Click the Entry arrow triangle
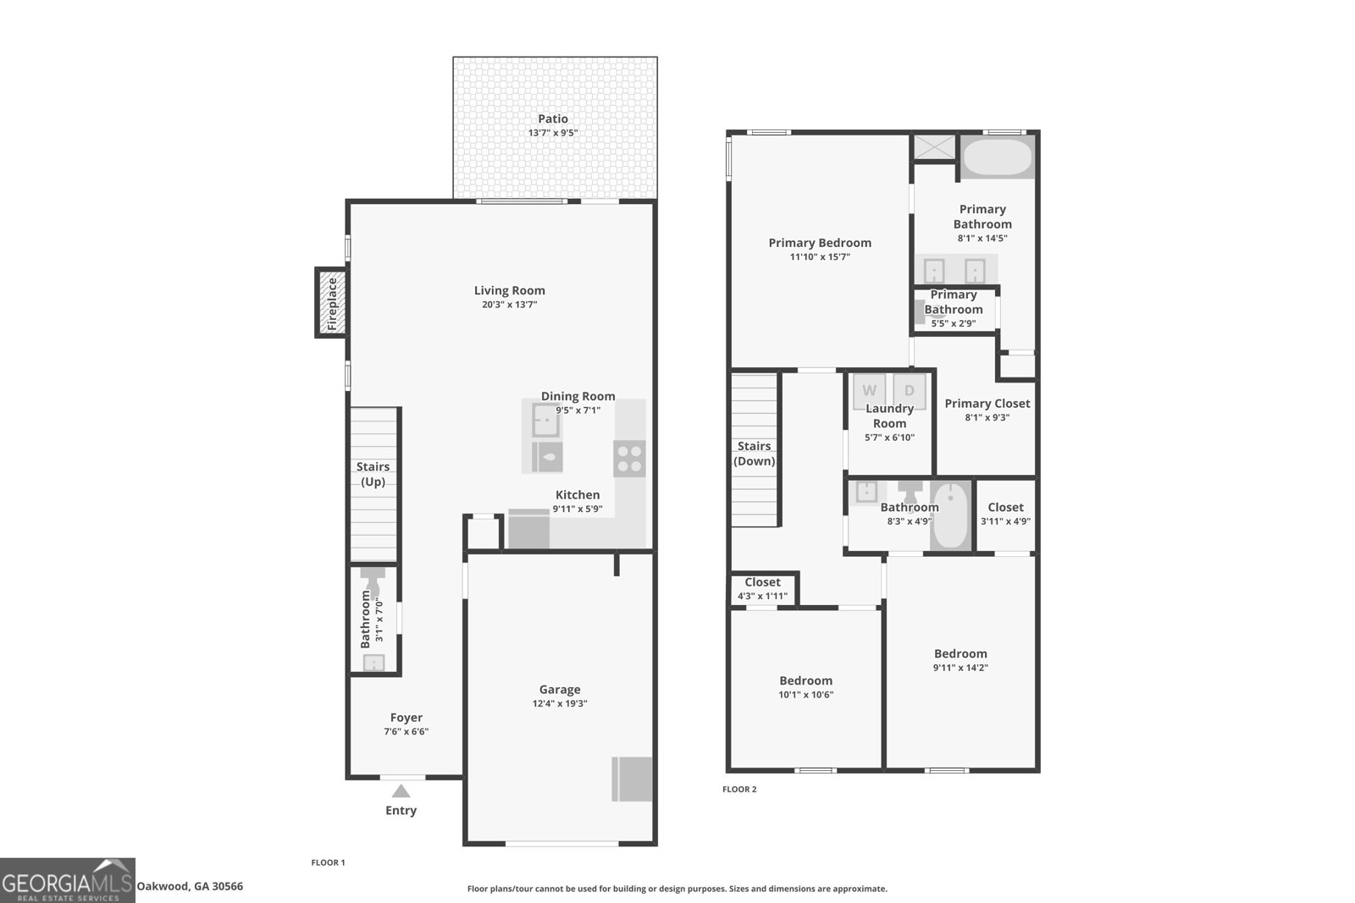(401, 791)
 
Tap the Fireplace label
(332, 304)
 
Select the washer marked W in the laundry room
(869, 391)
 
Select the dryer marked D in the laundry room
(910, 391)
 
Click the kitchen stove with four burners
(629, 459)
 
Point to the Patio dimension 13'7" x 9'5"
(553, 133)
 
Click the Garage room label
(560, 689)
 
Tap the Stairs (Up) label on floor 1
(373, 474)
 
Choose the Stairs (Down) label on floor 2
(755, 454)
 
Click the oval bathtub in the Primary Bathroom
(997, 157)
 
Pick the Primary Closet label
(987, 403)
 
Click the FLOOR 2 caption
(739, 789)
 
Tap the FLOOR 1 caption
(328, 862)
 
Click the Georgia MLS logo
(67, 881)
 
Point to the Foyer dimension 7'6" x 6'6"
(406, 731)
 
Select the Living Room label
(509, 290)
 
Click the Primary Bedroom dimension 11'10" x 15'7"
(820, 257)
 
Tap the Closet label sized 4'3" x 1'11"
(762, 582)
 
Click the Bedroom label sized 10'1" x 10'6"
(805, 680)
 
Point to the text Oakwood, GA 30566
(190, 886)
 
